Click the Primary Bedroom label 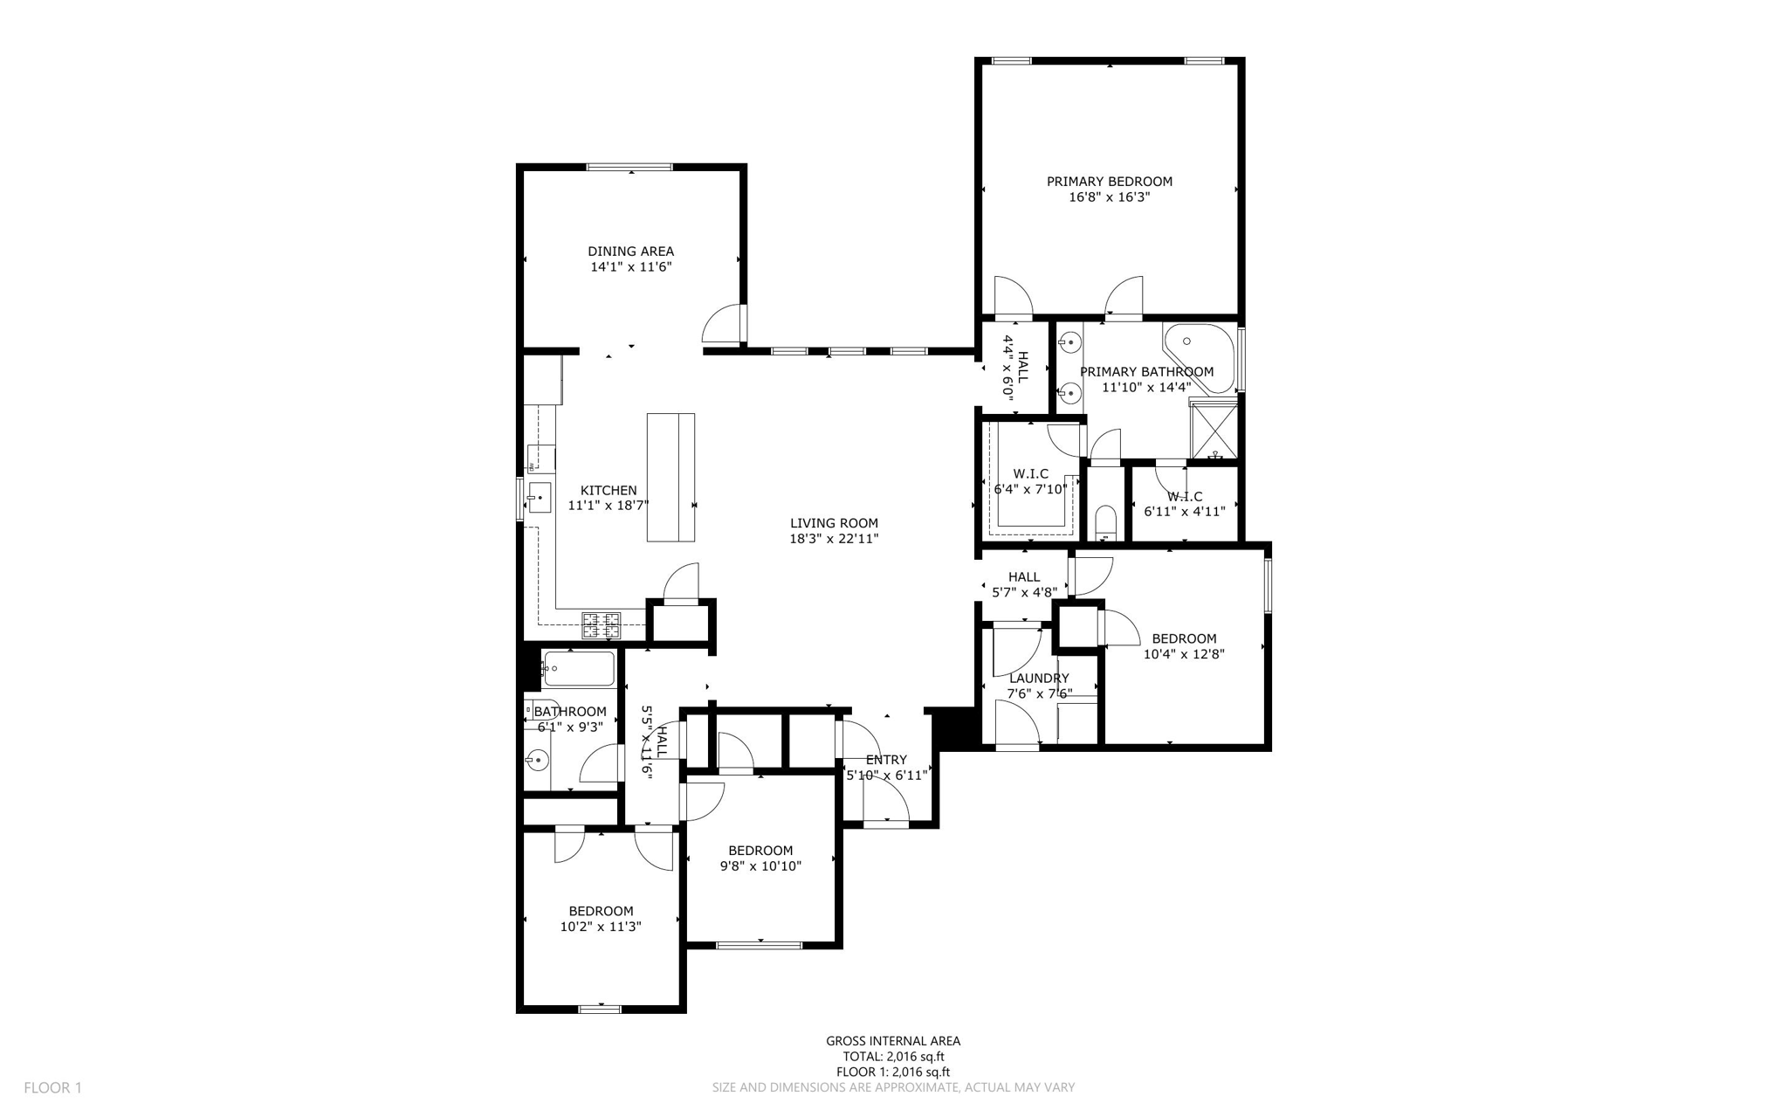(x=1109, y=182)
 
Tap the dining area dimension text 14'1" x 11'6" (x=630, y=267)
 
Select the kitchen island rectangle (x=670, y=477)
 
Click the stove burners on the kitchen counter (x=602, y=624)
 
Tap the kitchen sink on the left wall (x=538, y=498)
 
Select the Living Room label (x=834, y=523)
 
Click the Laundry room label (x=1039, y=679)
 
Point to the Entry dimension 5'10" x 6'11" (x=886, y=775)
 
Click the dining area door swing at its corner (x=725, y=325)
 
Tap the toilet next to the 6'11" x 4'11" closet (x=1105, y=521)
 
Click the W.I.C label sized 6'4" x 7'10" (x=1030, y=474)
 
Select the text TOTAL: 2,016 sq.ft (x=893, y=1057)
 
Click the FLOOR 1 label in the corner (x=52, y=1088)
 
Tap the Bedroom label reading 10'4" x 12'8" (x=1184, y=638)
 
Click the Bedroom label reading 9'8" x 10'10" (x=760, y=851)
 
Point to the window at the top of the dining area (x=629, y=167)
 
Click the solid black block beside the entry (x=952, y=727)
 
